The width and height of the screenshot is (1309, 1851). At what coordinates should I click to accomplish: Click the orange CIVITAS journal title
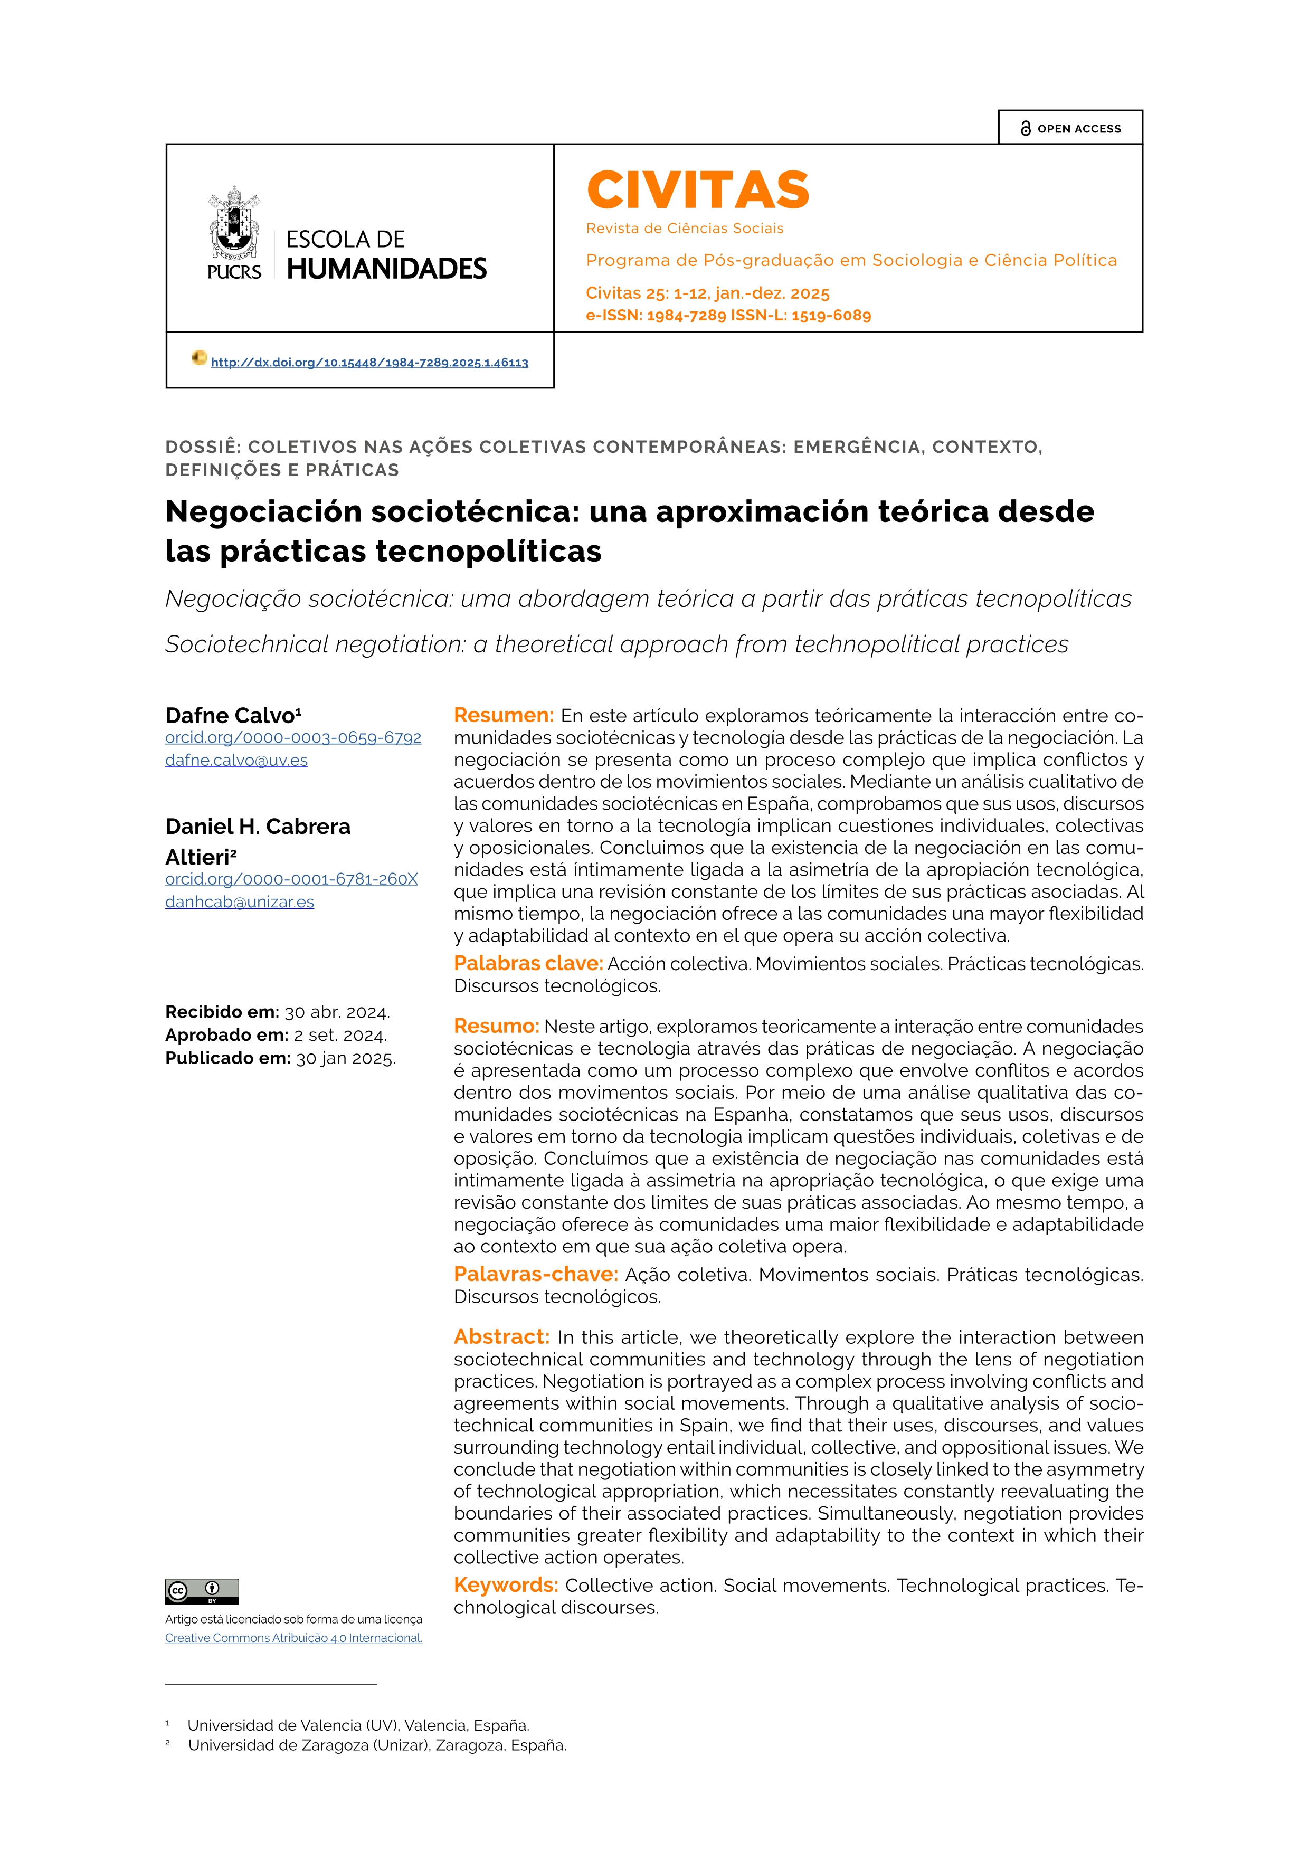click(x=697, y=190)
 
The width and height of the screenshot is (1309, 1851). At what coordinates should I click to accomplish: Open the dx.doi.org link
click(x=369, y=363)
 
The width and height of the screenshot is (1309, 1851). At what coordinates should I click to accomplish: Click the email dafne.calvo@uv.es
click(x=236, y=760)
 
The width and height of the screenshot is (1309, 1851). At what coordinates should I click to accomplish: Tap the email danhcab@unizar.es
click(x=240, y=902)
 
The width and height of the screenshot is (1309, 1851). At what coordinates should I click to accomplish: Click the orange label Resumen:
click(x=503, y=715)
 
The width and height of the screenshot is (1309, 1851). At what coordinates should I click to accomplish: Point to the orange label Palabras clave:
click(x=528, y=963)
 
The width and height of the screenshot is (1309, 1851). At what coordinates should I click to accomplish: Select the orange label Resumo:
click(x=496, y=1026)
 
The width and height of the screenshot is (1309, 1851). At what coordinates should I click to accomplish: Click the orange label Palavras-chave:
click(x=535, y=1275)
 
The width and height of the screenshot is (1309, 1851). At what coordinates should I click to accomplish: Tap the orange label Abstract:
click(x=501, y=1337)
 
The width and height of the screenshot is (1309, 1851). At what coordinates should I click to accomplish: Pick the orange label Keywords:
click(x=505, y=1586)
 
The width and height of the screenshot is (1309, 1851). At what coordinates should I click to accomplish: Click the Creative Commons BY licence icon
click(x=202, y=1591)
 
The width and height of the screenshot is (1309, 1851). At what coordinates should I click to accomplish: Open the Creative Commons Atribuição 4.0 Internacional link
click(x=293, y=1638)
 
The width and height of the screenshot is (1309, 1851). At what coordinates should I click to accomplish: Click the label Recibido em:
click(x=222, y=1012)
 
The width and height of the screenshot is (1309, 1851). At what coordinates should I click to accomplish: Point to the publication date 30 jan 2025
click(x=345, y=1059)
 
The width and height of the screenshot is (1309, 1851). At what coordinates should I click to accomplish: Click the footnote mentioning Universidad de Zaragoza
click(x=376, y=1745)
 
